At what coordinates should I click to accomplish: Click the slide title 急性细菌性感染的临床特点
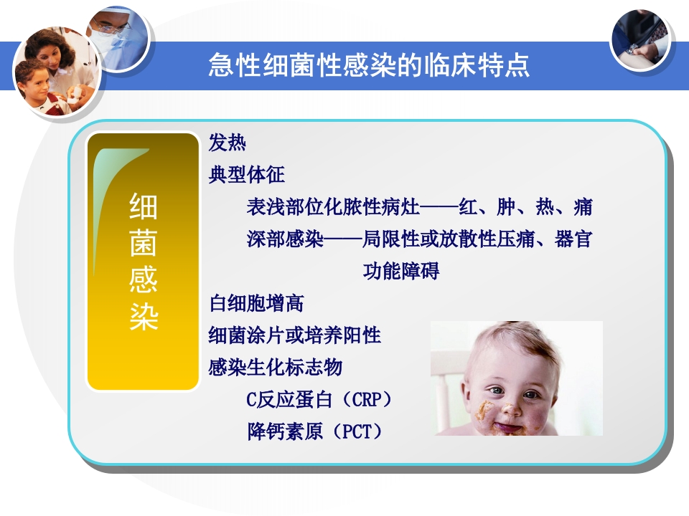(369, 65)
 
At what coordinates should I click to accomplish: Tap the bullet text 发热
(228, 143)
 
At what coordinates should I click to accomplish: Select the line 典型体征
(246, 175)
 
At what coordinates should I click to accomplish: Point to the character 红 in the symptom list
(468, 206)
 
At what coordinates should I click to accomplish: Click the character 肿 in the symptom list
(506, 206)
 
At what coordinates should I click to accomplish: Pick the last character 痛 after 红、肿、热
(583, 206)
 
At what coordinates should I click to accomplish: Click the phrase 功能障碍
(401, 271)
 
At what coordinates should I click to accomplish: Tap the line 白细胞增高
(257, 303)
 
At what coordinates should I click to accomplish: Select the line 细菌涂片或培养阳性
(295, 335)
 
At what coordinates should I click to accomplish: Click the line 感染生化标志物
(276, 367)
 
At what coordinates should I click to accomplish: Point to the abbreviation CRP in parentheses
(367, 400)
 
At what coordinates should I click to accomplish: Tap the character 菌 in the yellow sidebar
(144, 243)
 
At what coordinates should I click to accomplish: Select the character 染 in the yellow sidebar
(144, 316)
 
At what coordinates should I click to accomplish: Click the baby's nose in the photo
(510, 408)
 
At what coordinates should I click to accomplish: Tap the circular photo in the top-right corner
(640, 40)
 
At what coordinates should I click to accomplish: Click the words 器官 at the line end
(573, 239)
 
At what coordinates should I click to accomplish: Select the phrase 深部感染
(285, 239)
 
